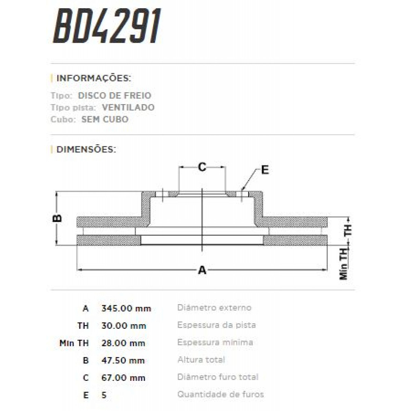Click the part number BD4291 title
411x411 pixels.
click(x=107, y=27)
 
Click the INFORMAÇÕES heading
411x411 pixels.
click(x=94, y=78)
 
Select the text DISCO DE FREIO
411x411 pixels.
click(x=114, y=96)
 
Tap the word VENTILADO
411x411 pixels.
click(x=128, y=108)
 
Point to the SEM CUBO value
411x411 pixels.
click(x=105, y=120)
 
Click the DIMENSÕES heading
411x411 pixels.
click(x=86, y=149)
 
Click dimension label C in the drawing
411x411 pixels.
click(x=202, y=167)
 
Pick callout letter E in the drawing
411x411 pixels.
click(x=265, y=170)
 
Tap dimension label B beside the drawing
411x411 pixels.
click(x=58, y=218)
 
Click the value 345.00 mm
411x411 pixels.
click(x=126, y=308)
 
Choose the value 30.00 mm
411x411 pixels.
click(x=124, y=326)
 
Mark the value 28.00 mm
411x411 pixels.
click(x=124, y=343)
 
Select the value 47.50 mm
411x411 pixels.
click(x=123, y=361)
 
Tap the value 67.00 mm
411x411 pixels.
click(x=123, y=378)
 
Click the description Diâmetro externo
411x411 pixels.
click(x=214, y=308)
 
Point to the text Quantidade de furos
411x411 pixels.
click(x=220, y=395)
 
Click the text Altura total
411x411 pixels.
click(x=201, y=360)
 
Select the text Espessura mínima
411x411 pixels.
click(x=215, y=342)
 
